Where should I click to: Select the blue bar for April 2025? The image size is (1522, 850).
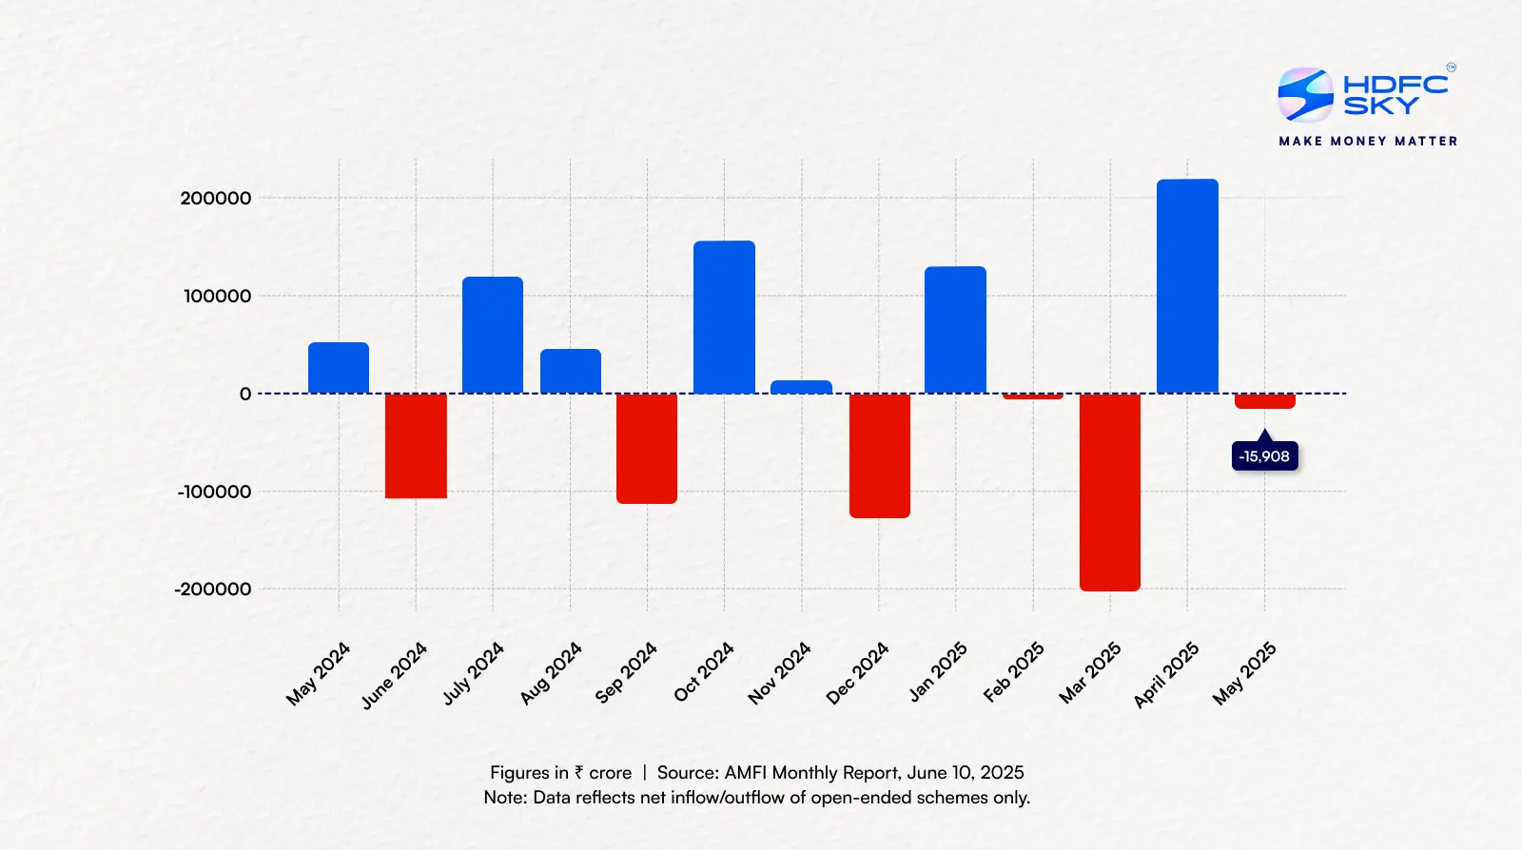(x=1187, y=285)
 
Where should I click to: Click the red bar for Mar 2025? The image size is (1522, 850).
(x=1110, y=492)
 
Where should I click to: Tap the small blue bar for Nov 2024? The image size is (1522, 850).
(x=801, y=387)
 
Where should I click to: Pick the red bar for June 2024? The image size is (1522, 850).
(x=416, y=445)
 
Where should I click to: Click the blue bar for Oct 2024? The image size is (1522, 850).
(x=724, y=317)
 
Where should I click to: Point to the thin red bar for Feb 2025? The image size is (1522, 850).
(x=1033, y=396)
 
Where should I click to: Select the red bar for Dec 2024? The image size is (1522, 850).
(x=879, y=455)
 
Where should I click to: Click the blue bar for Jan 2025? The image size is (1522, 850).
(x=955, y=329)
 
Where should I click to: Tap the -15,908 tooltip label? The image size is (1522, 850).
(x=1264, y=456)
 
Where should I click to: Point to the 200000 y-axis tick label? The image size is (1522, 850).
(x=216, y=198)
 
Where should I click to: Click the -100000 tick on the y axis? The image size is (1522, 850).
(x=214, y=492)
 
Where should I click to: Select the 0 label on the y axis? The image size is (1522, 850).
(x=245, y=394)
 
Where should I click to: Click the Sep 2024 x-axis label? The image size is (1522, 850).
(x=626, y=673)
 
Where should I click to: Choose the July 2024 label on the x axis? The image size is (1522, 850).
(x=473, y=674)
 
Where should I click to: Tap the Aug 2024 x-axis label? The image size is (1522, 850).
(x=550, y=674)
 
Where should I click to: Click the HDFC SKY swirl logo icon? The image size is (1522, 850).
(x=1305, y=94)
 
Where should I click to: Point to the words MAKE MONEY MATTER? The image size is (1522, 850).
(x=1368, y=141)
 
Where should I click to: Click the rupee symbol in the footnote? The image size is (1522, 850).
(x=578, y=773)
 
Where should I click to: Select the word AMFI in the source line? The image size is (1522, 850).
(x=745, y=773)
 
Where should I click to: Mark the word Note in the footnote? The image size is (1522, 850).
(x=504, y=798)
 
